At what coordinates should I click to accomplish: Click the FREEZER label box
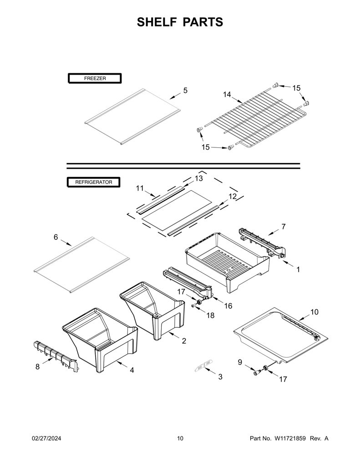coord(95,78)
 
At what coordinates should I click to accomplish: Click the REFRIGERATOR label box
coord(94,182)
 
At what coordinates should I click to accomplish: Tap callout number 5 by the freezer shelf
coord(186,91)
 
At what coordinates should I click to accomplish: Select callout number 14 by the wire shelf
coord(227,95)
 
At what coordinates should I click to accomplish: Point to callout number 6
coord(56,237)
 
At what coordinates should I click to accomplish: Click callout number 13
coord(199,178)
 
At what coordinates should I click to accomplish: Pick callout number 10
coord(314,312)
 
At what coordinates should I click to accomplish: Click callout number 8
coord(37,367)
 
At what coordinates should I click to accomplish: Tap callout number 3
coord(220,376)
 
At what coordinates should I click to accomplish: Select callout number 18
coord(210,315)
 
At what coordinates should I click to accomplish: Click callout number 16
coord(228,306)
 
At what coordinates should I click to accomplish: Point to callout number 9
coord(240,362)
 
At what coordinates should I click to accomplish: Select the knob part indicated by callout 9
coord(256,373)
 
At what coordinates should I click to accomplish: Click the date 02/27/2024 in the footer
coord(46,438)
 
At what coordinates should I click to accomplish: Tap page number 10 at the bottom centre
coord(180,438)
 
